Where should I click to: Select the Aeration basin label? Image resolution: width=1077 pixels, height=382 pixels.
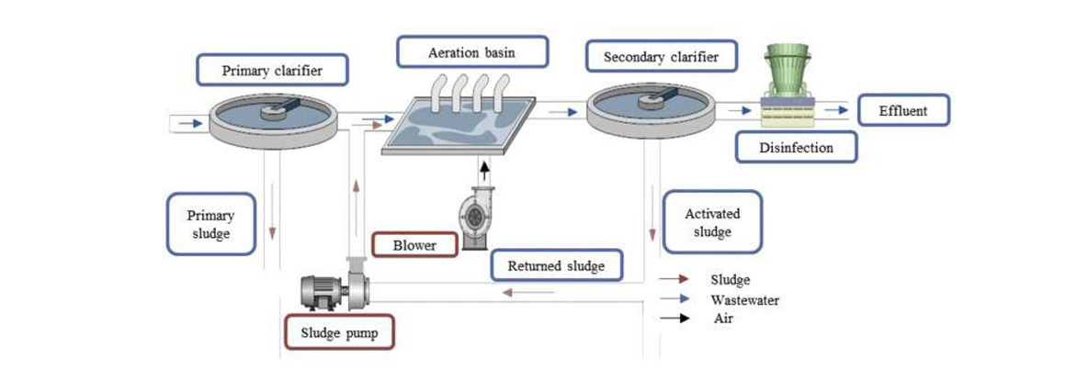471,51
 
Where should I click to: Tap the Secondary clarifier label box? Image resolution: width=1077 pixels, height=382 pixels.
660,58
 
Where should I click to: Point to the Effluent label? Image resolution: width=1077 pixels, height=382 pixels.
902,112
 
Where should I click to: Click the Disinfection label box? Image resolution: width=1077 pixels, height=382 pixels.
797,147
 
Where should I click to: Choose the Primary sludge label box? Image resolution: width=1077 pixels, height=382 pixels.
210,224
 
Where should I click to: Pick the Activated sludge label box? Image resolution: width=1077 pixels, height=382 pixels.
712,222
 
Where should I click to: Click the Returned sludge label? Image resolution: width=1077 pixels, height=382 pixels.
556,266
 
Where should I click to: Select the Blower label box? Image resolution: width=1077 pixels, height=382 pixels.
415,246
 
